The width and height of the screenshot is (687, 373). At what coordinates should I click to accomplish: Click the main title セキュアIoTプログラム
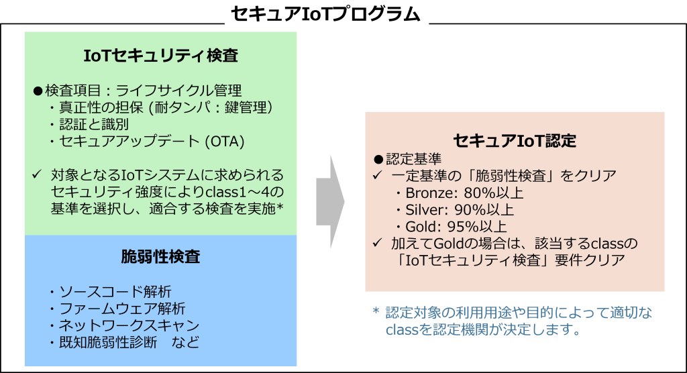pyautogui.click(x=325, y=13)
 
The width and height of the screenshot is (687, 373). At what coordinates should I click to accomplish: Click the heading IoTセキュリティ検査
pyautogui.click(x=160, y=56)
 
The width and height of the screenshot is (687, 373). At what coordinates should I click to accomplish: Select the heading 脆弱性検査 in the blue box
pyautogui.click(x=160, y=256)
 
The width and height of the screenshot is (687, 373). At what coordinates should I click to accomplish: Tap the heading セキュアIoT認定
pyautogui.click(x=515, y=141)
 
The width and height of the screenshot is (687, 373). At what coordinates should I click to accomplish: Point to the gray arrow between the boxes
pyautogui.click(x=330, y=202)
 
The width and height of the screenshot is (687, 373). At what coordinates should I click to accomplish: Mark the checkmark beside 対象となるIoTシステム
pyautogui.click(x=37, y=174)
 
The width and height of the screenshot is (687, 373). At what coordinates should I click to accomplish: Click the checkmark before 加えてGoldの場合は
pyautogui.click(x=378, y=242)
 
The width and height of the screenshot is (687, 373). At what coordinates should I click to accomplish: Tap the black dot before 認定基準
pyautogui.click(x=378, y=159)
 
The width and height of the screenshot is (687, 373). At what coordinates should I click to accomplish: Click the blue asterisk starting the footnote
pyautogui.click(x=376, y=311)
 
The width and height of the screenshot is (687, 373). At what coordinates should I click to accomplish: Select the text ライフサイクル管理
pyautogui.click(x=178, y=91)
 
